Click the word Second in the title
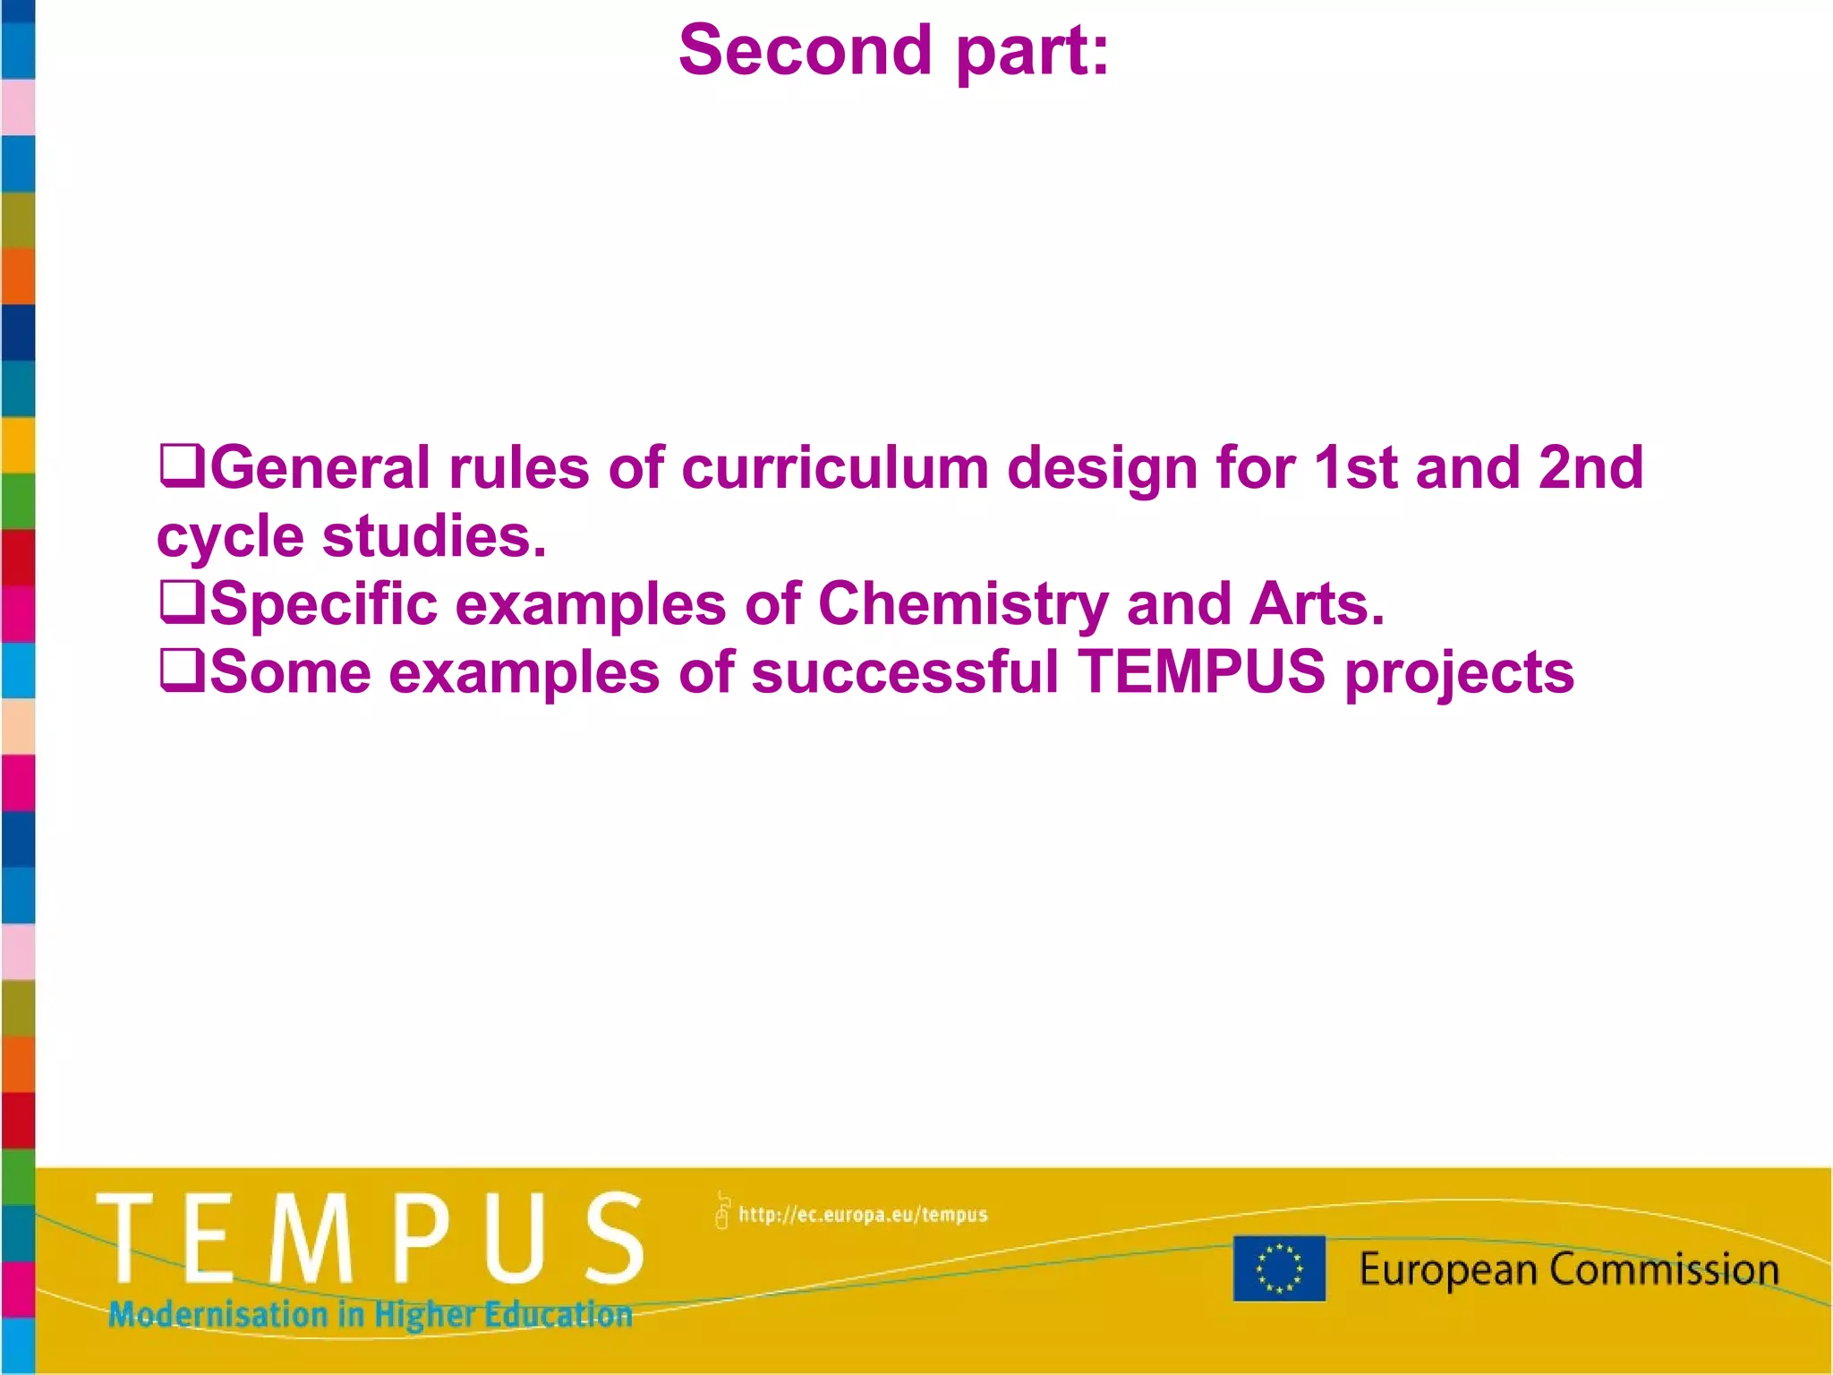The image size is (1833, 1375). click(805, 51)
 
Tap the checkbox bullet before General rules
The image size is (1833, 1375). click(181, 465)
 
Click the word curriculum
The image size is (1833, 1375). click(834, 468)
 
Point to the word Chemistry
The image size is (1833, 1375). click(963, 605)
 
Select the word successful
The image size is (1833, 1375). click(905, 672)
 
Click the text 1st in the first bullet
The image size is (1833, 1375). click(1355, 468)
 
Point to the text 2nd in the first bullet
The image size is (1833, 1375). click(1590, 468)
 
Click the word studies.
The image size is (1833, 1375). click(434, 537)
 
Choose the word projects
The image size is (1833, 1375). click(1460, 674)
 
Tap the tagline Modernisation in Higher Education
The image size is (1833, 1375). click(370, 1314)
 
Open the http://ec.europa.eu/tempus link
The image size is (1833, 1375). click(863, 1215)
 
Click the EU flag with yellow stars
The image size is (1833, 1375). click(1278, 1268)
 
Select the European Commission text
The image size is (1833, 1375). click(1569, 1269)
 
